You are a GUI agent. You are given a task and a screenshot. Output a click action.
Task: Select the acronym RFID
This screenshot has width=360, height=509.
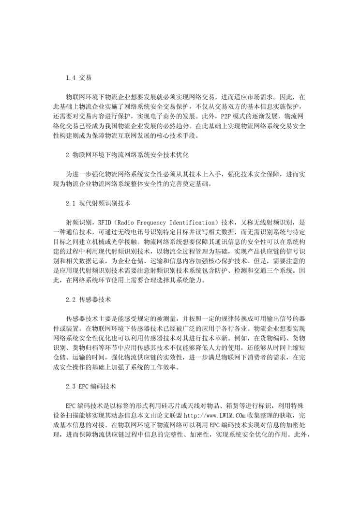(x=104, y=222)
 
